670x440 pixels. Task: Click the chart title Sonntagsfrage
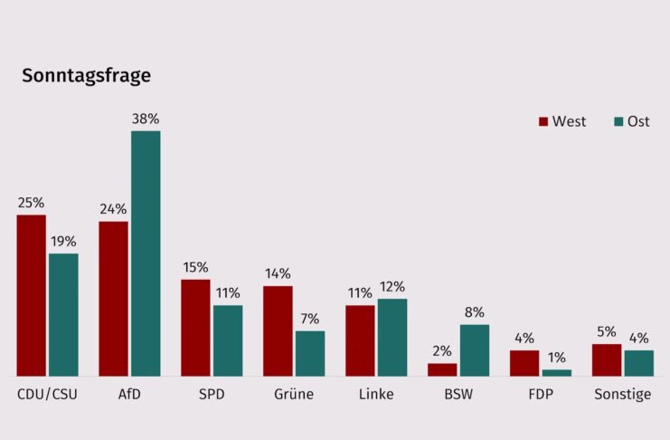tap(86, 76)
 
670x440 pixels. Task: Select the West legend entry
tap(562, 121)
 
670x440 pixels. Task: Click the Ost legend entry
tap(630, 121)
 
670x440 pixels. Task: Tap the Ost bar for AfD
tap(146, 253)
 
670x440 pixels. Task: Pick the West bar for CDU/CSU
tap(31, 295)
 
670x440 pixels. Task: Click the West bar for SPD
tap(195, 328)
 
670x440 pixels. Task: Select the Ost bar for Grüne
tap(310, 353)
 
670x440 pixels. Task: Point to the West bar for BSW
tap(442, 369)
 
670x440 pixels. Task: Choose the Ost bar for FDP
tap(557, 372)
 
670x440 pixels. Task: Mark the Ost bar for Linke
tap(392, 337)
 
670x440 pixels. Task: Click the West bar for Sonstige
tap(607, 359)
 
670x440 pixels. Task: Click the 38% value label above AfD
tap(146, 119)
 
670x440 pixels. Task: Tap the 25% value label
tap(31, 202)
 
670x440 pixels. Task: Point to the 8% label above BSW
tap(475, 312)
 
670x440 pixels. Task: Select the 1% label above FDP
tap(557, 358)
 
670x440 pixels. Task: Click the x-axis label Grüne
tap(294, 395)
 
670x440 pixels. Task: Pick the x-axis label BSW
tap(458, 395)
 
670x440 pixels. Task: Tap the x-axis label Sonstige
tap(622, 395)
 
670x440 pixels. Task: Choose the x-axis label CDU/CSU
tap(47, 395)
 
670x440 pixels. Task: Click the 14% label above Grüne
tap(278, 273)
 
